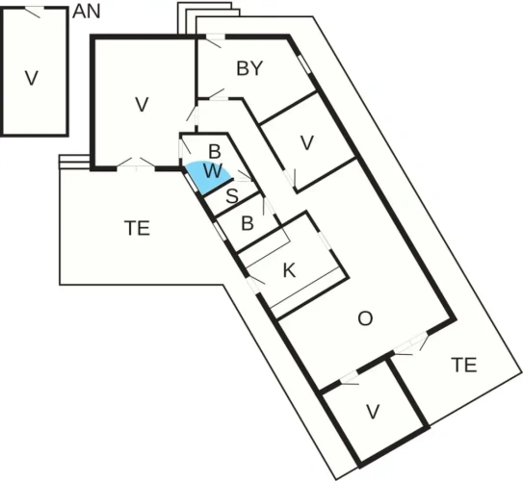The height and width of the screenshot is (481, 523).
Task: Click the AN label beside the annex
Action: coord(87,12)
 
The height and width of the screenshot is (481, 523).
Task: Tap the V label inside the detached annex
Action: coord(32,78)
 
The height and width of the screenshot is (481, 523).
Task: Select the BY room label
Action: coord(249,68)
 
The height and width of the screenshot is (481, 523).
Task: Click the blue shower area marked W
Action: coord(208,177)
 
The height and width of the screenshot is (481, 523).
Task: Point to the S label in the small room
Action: coord(232,196)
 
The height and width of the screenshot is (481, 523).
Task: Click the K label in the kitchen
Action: coord(289,270)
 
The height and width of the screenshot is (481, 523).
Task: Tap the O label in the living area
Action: coord(365,318)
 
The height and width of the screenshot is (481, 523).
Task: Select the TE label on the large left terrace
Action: coord(137,228)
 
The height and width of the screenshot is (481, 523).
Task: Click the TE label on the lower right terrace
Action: coord(464,365)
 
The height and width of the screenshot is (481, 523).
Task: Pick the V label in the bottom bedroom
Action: coord(373,412)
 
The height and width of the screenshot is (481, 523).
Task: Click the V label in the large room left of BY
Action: coord(142,104)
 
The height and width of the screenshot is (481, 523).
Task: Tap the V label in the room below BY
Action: coord(307,142)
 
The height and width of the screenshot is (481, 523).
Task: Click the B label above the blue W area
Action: coord(215,151)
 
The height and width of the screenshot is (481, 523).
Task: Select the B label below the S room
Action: coord(248,223)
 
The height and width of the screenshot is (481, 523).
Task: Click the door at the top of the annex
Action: coord(35,12)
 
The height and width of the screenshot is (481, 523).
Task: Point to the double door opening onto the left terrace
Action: coord(136,165)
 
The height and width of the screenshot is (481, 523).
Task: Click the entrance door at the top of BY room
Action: coord(214,40)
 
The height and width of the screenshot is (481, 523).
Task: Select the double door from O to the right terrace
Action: coord(410,343)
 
